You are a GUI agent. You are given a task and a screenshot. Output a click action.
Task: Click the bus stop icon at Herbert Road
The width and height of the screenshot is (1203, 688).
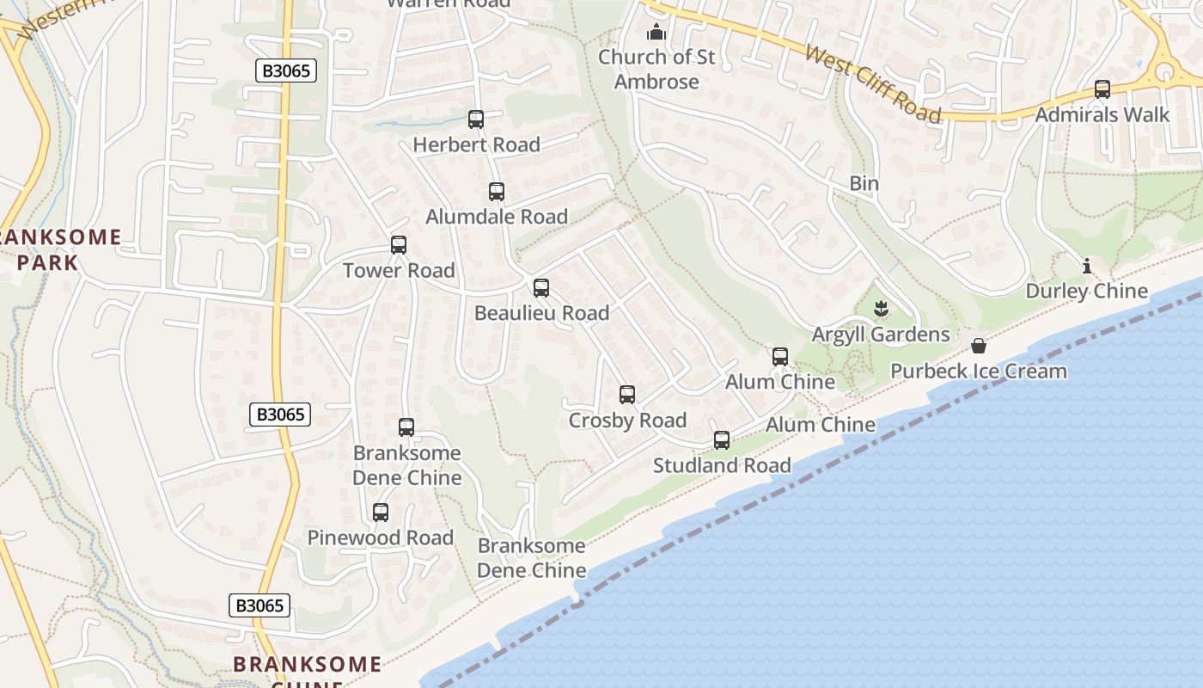click(x=476, y=120)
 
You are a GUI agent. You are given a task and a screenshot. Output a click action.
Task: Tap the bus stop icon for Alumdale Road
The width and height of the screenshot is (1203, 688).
click(x=497, y=192)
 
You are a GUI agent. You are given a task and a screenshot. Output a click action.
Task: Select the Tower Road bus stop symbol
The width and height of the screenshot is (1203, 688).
click(x=399, y=245)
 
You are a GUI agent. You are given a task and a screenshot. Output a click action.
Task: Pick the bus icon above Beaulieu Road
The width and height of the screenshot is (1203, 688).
click(x=541, y=288)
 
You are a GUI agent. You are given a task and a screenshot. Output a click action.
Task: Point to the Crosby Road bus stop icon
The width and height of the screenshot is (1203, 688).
click(x=627, y=395)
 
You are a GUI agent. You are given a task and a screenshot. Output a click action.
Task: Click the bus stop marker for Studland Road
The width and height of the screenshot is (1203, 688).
click(x=722, y=440)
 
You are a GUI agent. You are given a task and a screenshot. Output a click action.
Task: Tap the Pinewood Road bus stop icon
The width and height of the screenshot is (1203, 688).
click(x=381, y=513)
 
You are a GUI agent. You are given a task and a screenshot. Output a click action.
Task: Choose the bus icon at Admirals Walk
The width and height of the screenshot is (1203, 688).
click(x=1102, y=89)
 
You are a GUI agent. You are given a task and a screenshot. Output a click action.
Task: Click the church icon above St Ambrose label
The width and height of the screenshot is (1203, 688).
click(x=656, y=33)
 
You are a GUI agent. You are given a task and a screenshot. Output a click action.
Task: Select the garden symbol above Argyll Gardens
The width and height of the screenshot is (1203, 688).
click(x=881, y=308)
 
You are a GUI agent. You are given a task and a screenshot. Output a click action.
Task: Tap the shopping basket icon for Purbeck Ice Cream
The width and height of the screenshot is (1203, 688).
click(x=979, y=346)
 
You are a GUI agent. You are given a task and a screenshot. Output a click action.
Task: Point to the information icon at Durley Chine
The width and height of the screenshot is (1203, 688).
click(x=1087, y=266)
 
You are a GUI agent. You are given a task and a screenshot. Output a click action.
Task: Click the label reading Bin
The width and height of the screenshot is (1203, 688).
click(x=864, y=183)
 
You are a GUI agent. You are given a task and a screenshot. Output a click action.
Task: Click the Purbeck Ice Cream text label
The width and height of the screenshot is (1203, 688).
click(x=979, y=372)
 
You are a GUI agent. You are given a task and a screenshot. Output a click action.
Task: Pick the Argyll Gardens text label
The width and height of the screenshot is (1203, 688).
click(x=881, y=335)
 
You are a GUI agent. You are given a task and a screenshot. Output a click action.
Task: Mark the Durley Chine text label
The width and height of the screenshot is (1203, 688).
click(x=1087, y=291)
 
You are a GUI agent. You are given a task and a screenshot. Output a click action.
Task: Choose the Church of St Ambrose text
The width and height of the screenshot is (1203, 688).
click(x=656, y=69)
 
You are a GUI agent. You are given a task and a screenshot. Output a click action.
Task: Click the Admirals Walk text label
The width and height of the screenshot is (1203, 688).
click(x=1102, y=114)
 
